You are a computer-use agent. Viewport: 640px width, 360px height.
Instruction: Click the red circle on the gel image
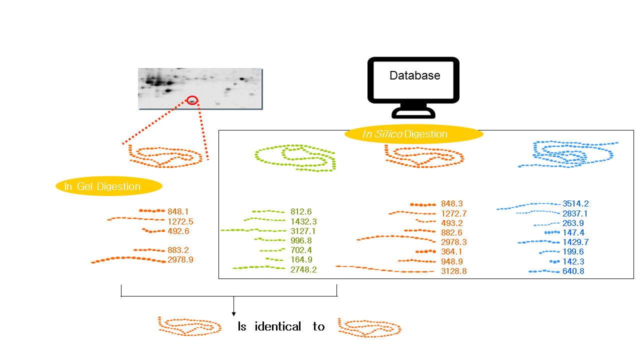(192, 100)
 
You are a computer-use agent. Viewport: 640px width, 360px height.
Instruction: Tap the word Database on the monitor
(414, 75)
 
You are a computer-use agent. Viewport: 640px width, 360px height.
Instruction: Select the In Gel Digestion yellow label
(109, 186)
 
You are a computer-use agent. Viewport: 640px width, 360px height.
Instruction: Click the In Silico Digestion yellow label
(414, 134)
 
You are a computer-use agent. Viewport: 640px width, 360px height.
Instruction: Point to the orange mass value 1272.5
(180, 221)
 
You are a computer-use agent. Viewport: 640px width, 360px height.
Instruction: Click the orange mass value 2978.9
(180, 260)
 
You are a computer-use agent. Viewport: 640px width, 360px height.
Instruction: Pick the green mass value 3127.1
(303, 231)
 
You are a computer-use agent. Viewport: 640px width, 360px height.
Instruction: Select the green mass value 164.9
(301, 260)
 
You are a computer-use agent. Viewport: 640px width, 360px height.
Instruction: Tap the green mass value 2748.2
(303, 269)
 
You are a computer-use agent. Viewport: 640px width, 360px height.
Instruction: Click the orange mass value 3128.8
(453, 271)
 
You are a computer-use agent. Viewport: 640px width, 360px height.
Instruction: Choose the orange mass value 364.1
(451, 252)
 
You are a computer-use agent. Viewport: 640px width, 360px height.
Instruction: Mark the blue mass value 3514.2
(575, 204)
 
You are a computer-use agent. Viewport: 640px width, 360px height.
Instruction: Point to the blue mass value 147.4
(573, 232)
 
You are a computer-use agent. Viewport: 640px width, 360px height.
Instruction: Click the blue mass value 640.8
(573, 271)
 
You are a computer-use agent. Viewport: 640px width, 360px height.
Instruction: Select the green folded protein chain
(295, 158)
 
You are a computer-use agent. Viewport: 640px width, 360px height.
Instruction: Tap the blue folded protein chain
(567, 154)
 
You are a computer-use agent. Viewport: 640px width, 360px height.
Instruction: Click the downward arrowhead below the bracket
(233, 313)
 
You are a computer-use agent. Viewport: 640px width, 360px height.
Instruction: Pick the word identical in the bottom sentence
(277, 327)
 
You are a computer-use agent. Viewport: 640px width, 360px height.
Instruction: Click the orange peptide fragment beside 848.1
(151, 211)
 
